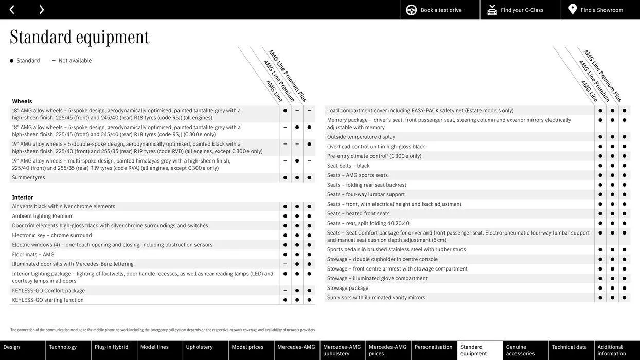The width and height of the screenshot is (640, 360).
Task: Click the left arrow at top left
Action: (12, 10)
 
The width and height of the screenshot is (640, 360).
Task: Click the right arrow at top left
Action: (41, 10)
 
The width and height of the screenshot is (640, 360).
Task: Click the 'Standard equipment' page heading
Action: (80, 37)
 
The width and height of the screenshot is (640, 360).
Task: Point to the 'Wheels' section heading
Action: (22, 101)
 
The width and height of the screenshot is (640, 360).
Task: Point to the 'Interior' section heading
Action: (23, 197)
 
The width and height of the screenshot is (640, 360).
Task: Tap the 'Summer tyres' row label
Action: (29, 178)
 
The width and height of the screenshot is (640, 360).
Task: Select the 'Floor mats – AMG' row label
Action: (33, 255)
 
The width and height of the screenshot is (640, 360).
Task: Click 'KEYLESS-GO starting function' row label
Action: (48, 300)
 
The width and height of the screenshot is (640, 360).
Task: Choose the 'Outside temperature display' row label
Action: (361, 137)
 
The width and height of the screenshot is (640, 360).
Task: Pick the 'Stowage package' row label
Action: (348, 288)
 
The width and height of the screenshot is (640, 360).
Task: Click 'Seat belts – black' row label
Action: (348, 166)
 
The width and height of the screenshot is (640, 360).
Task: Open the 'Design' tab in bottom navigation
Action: (12, 347)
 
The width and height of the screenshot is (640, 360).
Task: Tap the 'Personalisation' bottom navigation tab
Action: (434, 347)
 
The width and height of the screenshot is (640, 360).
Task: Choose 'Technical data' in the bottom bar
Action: (570, 347)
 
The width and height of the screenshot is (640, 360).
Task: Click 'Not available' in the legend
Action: (75, 61)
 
